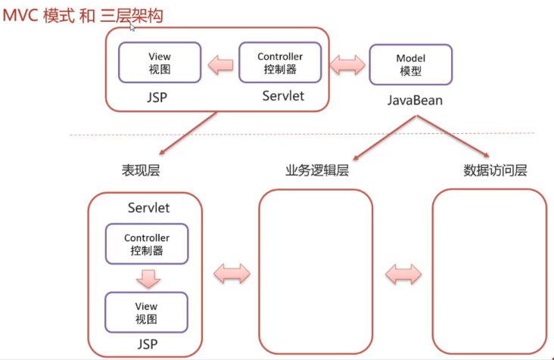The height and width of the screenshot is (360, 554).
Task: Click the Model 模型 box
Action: pyautogui.click(x=410, y=64)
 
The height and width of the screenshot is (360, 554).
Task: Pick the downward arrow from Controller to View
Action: pyautogui.click(x=147, y=278)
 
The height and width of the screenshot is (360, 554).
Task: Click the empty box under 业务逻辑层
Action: pyautogui.click(x=316, y=272)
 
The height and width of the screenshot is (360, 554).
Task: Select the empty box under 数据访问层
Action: pyautogui.click(x=489, y=272)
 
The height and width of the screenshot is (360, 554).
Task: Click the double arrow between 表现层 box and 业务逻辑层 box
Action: pyautogui.click(x=231, y=272)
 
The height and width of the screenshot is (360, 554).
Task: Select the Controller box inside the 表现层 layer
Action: pyautogui.click(x=147, y=244)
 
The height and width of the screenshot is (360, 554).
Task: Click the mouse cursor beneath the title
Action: pyautogui.click(x=133, y=27)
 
